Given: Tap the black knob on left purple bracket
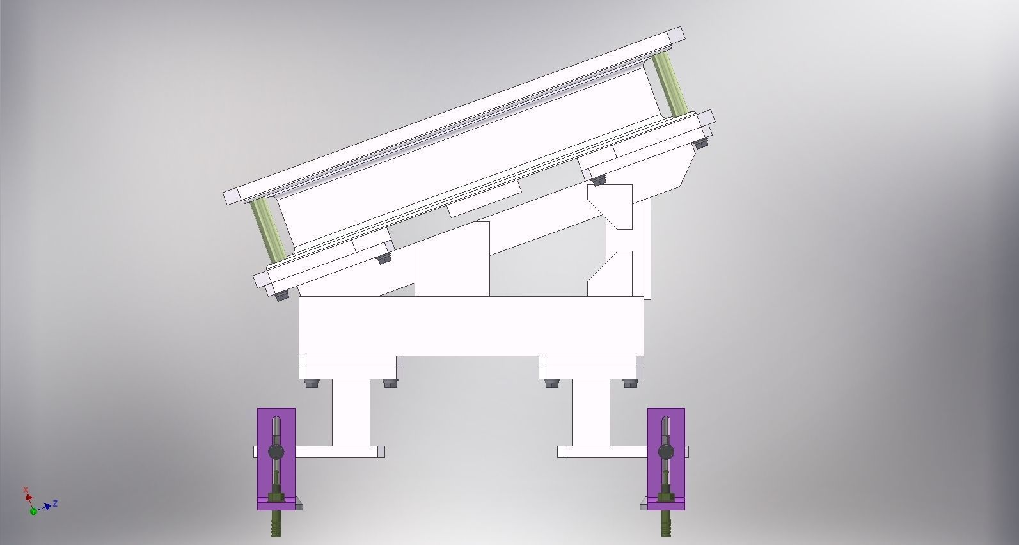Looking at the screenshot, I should (x=276, y=452).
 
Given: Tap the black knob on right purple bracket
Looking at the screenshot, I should (x=666, y=452).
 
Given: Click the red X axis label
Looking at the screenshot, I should (x=26, y=490).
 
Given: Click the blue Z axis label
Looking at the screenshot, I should (x=56, y=503).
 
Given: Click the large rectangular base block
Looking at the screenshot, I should (x=471, y=326).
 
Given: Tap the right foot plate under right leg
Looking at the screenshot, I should (x=601, y=452).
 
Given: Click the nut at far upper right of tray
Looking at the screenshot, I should (x=700, y=144).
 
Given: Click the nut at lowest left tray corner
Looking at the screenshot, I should (x=281, y=296).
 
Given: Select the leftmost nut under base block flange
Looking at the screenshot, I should (x=312, y=384).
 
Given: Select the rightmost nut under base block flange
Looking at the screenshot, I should (x=630, y=384).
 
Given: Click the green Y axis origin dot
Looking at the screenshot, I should (x=33, y=511).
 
